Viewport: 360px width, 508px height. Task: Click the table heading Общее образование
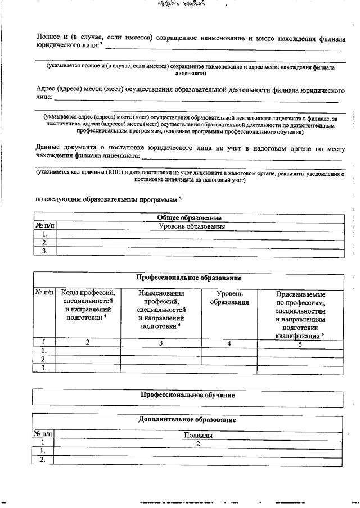pos(188,218)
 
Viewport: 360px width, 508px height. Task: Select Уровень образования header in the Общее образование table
pos(191,226)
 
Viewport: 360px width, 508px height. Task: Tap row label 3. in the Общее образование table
pos(44,251)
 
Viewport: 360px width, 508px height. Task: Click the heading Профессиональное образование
pos(188,278)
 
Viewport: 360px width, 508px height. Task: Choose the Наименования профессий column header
pos(161,309)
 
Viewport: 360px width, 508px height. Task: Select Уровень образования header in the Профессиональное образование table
pos(229,298)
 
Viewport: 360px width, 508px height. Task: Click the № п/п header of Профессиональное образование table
pos(44,292)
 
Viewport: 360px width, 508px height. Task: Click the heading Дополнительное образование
pos(187,419)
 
